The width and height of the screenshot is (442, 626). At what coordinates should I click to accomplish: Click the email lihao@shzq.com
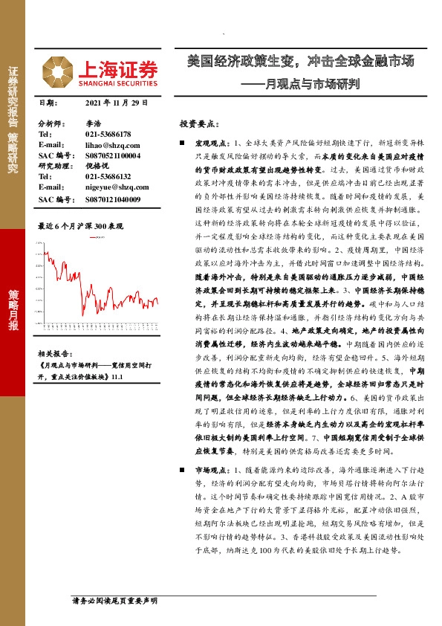click(112, 145)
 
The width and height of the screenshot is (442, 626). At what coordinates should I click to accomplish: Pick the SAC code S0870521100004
click(116, 155)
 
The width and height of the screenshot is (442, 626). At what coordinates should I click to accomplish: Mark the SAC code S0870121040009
click(116, 199)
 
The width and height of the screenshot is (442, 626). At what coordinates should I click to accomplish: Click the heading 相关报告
click(53, 354)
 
